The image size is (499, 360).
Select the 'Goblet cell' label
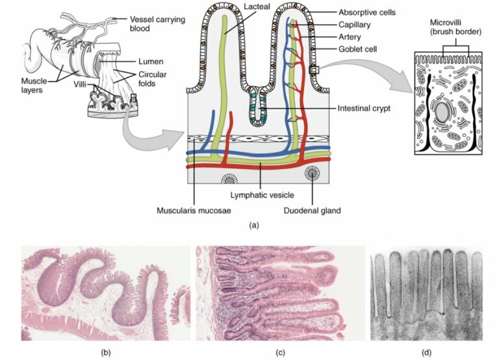(357, 49)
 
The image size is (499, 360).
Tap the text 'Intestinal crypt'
(364, 108)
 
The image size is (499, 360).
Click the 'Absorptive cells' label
(366, 12)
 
